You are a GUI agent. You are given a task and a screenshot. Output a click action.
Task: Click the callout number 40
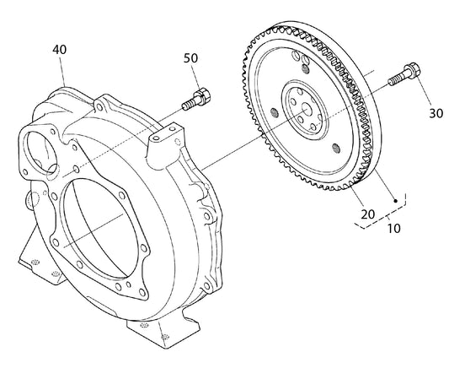tap(60, 49)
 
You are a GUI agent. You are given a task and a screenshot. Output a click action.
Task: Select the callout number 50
tap(190, 58)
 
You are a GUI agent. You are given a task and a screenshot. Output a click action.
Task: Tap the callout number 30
tap(436, 114)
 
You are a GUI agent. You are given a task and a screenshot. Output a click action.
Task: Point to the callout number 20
tap(367, 214)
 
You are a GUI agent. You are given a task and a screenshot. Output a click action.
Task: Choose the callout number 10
tap(393, 229)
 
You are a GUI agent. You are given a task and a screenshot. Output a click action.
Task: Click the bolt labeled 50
tap(196, 100)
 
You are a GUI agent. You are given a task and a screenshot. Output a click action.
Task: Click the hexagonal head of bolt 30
tap(412, 70)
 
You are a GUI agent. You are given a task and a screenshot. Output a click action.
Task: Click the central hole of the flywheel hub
tap(307, 110)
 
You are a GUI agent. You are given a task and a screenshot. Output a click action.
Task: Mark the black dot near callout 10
tap(396, 201)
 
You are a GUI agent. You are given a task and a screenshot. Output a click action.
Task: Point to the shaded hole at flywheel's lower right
tap(336, 149)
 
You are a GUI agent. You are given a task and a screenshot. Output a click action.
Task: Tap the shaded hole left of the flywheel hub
tap(275, 113)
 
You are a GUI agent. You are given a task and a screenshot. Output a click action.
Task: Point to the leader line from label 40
tap(62, 71)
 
